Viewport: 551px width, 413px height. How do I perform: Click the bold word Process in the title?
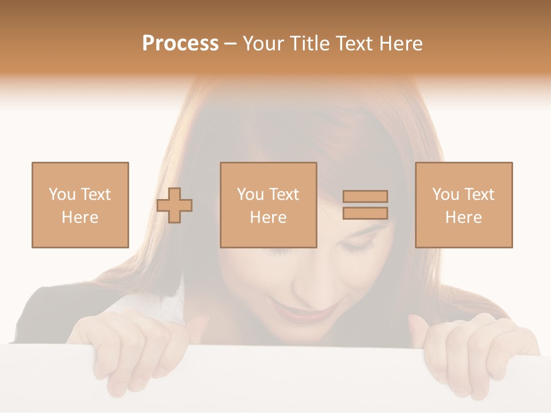tap(180, 44)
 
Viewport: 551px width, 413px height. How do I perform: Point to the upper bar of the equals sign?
tap(365, 196)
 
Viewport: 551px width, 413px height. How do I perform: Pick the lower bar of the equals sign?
tap(365, 213)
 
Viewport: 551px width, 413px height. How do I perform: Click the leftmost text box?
tap(80, 205)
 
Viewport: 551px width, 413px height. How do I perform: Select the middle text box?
tap(269, 205)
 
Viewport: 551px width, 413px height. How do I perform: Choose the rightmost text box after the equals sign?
tap(464, 205)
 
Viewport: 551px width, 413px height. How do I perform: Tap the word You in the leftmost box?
tap(61, 194)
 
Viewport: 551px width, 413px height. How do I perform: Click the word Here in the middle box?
tap(269, 217)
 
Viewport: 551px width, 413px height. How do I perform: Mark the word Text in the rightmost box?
tap(480, 194)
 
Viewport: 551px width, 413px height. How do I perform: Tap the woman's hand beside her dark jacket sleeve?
tap(132, 350)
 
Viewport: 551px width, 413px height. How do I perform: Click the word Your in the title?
tap(265, 44)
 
